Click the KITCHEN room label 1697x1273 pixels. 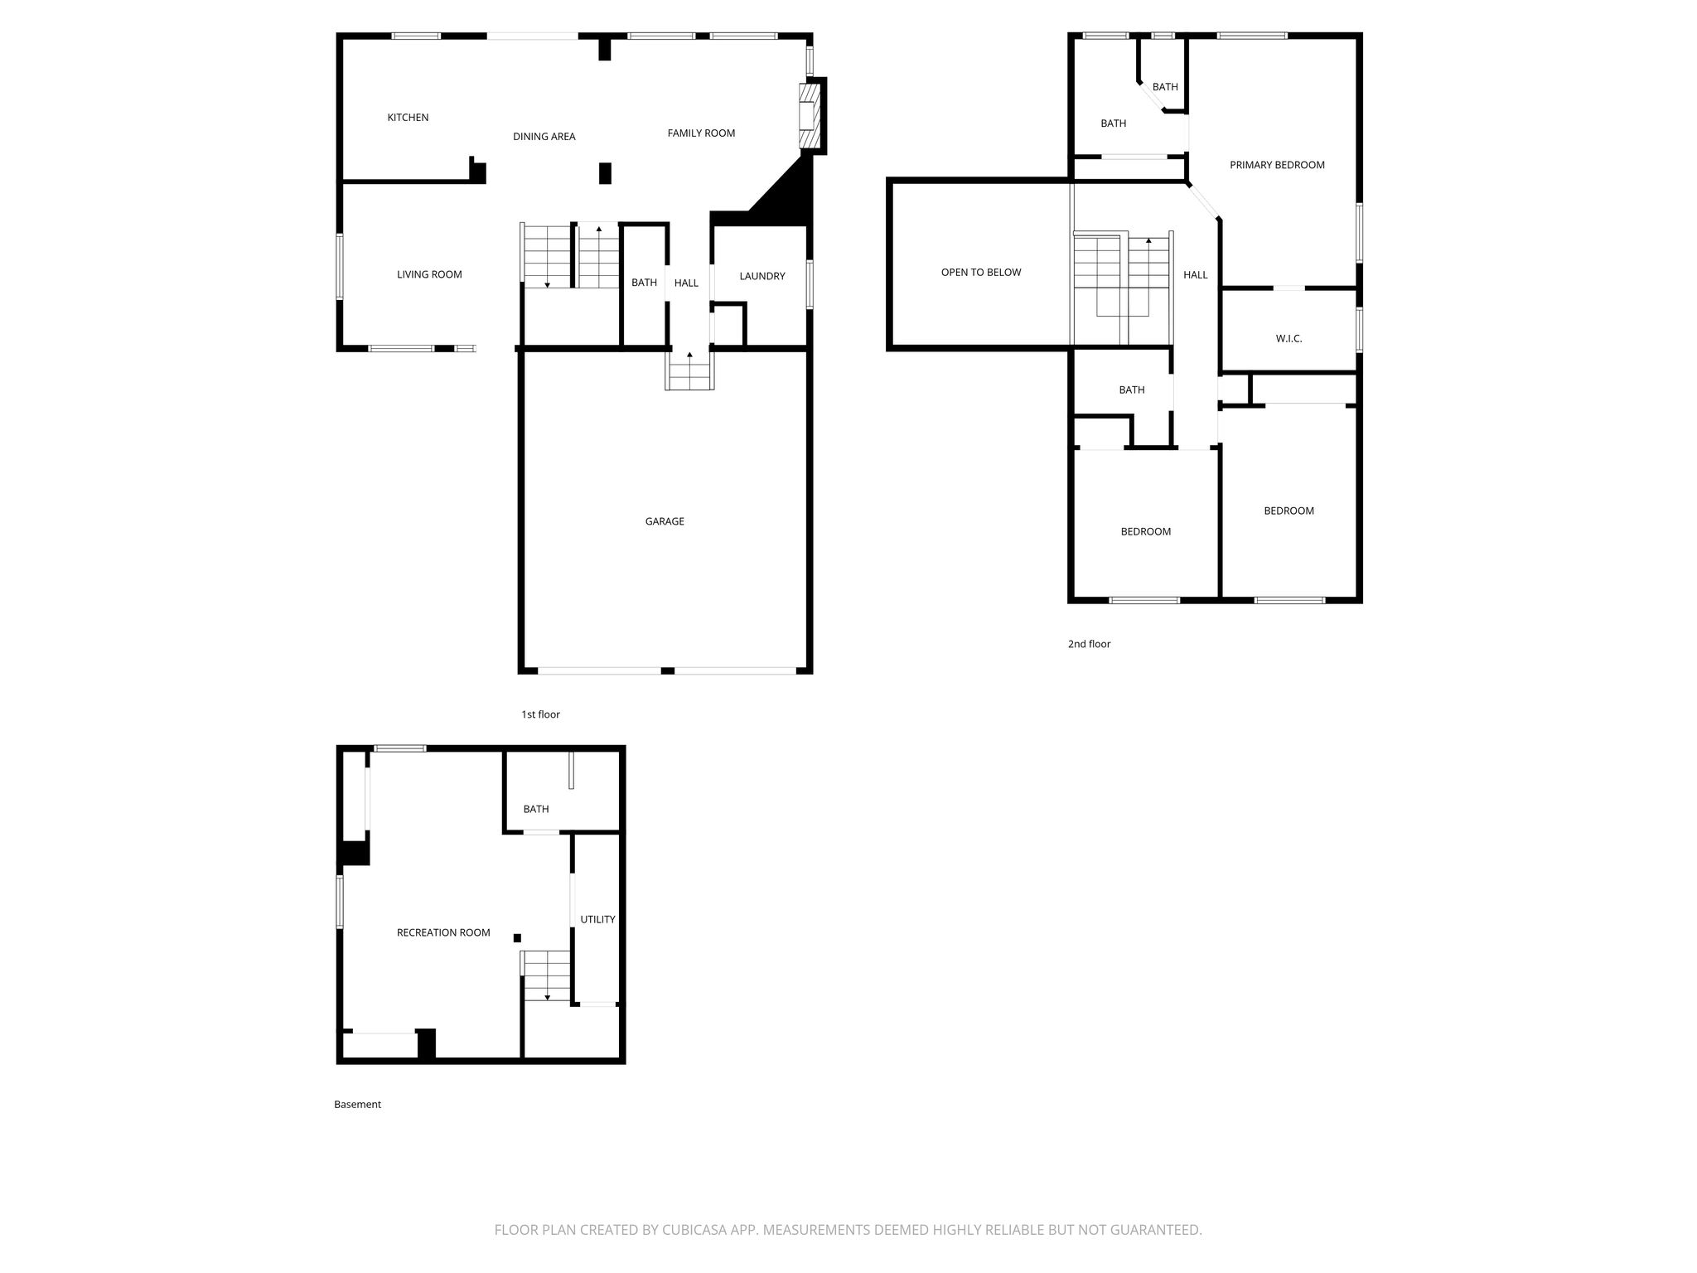408,118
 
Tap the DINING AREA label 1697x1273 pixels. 544,137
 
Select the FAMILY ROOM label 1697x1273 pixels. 701,133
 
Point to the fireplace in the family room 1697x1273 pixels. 808,116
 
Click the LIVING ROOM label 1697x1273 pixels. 429,274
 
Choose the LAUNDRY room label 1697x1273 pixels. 762,276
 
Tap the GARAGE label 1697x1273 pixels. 665,521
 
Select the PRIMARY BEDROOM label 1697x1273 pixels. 1277,165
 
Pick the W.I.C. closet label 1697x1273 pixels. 1288,338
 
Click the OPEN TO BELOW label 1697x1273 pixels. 981,272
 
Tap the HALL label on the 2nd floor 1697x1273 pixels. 1196,274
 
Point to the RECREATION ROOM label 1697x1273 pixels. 443,932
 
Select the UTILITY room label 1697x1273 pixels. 597,919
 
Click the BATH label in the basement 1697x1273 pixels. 536,809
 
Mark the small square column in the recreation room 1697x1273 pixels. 517,937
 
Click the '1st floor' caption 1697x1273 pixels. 540,714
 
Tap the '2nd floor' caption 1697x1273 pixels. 1089,644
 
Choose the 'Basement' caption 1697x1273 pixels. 357,1104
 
